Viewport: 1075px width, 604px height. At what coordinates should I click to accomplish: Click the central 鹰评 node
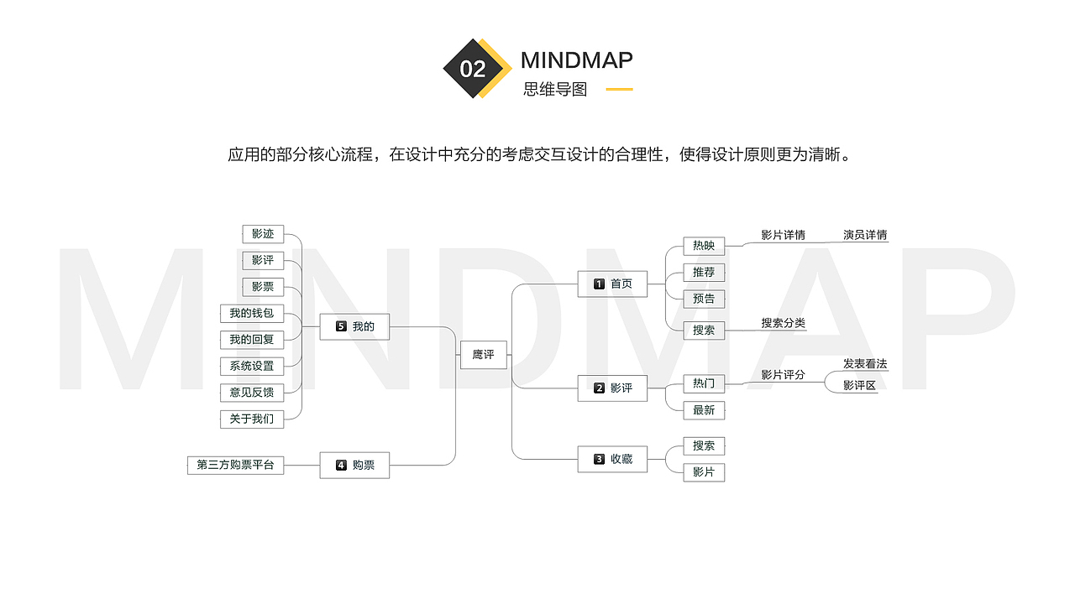tap(483, 355)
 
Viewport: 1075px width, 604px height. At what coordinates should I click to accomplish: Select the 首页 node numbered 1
tap(612, 284)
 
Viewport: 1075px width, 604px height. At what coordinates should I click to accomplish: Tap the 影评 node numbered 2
tap(612, 388)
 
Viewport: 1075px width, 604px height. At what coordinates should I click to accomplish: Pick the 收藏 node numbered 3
tap(612, 459)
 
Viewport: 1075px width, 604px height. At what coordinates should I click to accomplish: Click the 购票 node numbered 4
tap(354, 465)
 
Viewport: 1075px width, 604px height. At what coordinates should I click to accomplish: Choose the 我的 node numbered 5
tap(354, 326)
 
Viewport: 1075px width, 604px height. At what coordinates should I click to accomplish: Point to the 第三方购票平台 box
tap(236, 465)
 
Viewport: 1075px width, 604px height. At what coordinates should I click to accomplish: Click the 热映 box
tap(704, 246)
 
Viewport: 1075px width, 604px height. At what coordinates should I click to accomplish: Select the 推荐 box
tap(704, 273)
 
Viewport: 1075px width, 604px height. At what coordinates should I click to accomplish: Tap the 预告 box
tap(704, 299)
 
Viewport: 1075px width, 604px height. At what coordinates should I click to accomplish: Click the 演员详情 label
tap(865, 235)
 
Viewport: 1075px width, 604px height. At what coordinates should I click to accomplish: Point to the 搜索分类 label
tap(784, 323)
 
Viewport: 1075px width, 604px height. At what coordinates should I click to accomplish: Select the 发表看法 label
tap(865, 364)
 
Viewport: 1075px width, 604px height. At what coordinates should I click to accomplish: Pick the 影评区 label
tap(859, 385)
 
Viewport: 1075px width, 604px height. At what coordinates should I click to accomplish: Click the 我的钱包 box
tap(252, 314)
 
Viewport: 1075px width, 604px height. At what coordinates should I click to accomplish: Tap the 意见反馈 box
tap(252, 393)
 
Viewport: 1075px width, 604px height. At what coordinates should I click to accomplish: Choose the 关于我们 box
tap(252, 419)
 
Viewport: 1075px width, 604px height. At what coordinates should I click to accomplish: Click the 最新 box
tap(704, 410)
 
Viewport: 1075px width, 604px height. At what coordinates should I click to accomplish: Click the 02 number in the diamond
tap(473, 69)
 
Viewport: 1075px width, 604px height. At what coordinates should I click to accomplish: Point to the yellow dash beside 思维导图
tap(619, 89)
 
